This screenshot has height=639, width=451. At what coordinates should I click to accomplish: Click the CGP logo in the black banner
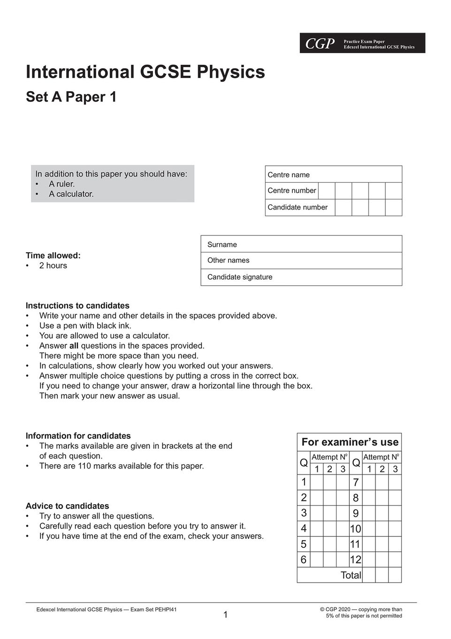320,44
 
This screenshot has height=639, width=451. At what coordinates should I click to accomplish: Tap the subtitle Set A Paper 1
71,97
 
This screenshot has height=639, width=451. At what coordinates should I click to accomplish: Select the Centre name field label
289,175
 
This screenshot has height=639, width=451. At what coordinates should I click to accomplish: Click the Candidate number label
298,207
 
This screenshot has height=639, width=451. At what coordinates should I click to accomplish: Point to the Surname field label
222,244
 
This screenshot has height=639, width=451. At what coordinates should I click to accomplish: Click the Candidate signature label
240,277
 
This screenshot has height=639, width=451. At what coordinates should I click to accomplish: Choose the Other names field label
228,260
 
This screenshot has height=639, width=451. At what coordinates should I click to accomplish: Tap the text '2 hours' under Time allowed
53,265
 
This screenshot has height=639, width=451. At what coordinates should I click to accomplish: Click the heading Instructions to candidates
77,305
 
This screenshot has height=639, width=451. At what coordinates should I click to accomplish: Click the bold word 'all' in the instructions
74,346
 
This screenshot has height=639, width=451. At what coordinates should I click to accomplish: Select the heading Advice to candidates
67,506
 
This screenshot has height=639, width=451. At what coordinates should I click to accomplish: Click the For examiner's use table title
350,442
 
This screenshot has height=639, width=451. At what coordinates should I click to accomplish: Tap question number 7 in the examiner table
356,483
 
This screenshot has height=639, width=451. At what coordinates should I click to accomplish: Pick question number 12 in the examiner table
356,560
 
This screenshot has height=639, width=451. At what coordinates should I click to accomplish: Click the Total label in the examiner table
351,575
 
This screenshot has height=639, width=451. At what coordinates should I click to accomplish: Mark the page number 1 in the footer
225,615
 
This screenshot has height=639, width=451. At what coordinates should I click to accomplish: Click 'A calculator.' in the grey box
71,194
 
